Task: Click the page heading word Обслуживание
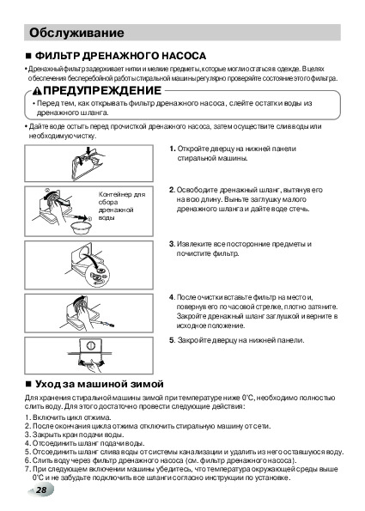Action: (76, 33)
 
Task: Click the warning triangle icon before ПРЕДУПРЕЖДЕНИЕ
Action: (38, 91)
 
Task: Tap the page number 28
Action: (41, 490)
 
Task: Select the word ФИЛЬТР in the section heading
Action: (57, 56)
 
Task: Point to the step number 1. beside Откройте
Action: (173, 149)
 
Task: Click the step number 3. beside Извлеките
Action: (172, 244)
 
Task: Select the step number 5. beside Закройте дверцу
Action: (173, 340)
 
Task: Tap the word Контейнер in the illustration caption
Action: (115, 195)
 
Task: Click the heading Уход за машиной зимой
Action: (99, 384)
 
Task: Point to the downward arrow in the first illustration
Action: (88, 151)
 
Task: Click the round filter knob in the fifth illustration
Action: (91, 346)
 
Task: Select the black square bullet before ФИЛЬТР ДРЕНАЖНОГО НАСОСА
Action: (28, 56)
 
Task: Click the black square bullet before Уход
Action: (28, 384)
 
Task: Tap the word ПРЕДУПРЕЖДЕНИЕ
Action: (102, 90)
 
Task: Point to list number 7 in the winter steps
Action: (27, 469)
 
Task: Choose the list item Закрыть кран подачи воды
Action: (78, 435)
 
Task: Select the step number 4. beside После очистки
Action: (172, 297)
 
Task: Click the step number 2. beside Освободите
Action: (172, 190)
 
